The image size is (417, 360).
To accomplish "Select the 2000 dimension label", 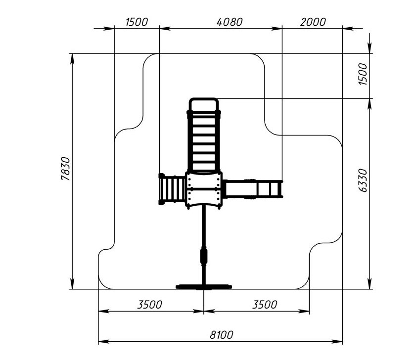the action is (313, 22).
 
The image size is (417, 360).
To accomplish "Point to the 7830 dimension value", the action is (65, 169).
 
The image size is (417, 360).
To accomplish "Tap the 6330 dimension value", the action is (363, 180).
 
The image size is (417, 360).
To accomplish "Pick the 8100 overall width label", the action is (222, 335).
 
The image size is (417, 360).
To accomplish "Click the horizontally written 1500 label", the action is (137, 22).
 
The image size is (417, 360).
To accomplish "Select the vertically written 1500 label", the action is (363, 74).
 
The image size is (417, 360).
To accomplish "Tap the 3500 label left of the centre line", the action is (149, 305).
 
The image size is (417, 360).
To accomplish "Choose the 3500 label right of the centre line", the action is (265, 305).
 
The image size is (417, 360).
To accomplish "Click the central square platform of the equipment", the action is (204, 190).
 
